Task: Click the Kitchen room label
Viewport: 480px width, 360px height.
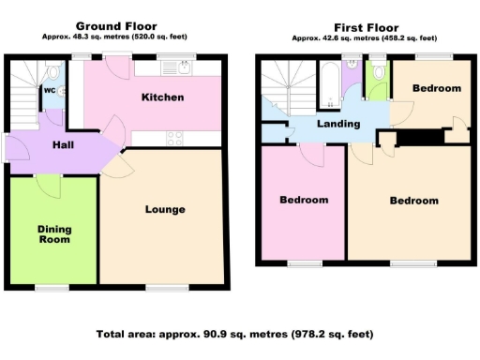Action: point(162,97)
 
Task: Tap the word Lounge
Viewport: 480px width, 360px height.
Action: point(165,209)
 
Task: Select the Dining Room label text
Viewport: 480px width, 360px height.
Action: point(54,233)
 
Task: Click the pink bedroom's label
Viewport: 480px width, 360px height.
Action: point(305,201)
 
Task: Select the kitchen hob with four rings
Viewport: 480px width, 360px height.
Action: point(175,138)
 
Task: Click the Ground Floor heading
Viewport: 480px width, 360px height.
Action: point(117,26)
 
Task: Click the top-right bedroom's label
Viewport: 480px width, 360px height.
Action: point(437,88)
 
